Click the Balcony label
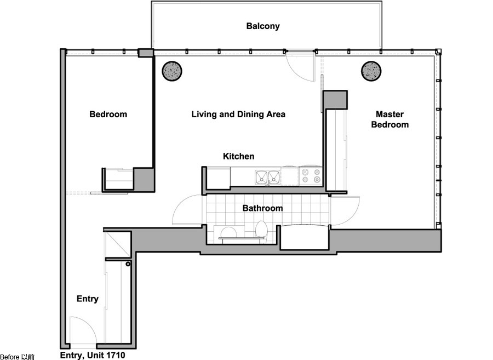[x=263, y=26]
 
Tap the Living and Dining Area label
[x=238, y=114]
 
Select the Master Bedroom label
[x=390, y=119]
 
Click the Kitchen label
[x=239, y=156]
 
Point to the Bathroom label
[x=262, y=208]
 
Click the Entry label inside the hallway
[x=88, y=299]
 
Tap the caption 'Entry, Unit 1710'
[x=93, y=355]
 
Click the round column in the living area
[x=172, y=71]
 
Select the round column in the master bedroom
[x=371, y=71]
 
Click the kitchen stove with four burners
[x=311, y=176]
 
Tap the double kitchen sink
[x=267, y=178]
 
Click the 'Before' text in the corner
[x=9, y=357]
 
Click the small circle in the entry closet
[x=128, y=264]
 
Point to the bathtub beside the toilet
[x=305, y=237]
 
